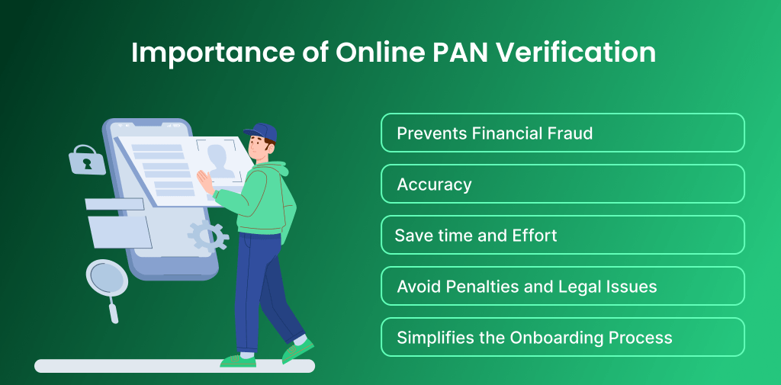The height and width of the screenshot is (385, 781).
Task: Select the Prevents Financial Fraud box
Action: pyautogui.click(x=562, y=133)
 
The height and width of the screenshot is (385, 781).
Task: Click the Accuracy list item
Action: pyautogui.click(x=562, y=184)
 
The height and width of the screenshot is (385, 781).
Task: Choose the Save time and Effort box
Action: pyautogui.click(x=562, y=235)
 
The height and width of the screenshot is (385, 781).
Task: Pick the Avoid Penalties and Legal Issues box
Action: pyautogui.click(x=562, y=286)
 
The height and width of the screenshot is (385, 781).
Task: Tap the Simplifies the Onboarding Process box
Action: pyautogui.click(x=562, y=337)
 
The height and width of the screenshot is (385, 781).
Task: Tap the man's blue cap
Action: pyautogui.click(x=260, y=132)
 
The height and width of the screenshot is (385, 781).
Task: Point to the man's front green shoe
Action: pyautogui.click(x=297, y=351)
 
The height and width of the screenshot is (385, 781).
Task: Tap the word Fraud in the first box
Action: pyautogui.click(x=568, y=133)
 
